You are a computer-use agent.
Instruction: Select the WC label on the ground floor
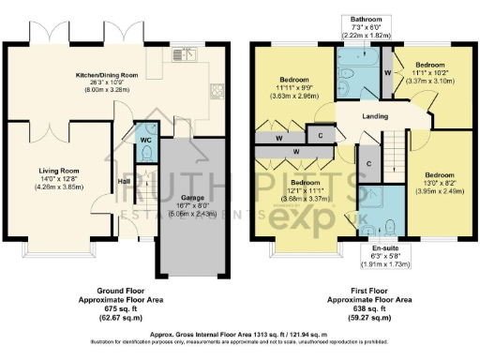point(146,140)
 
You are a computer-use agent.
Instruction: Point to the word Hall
point(123,181)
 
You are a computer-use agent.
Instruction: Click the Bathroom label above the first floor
point(364,19)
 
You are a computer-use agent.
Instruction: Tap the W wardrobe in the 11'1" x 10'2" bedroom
point(388,71)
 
